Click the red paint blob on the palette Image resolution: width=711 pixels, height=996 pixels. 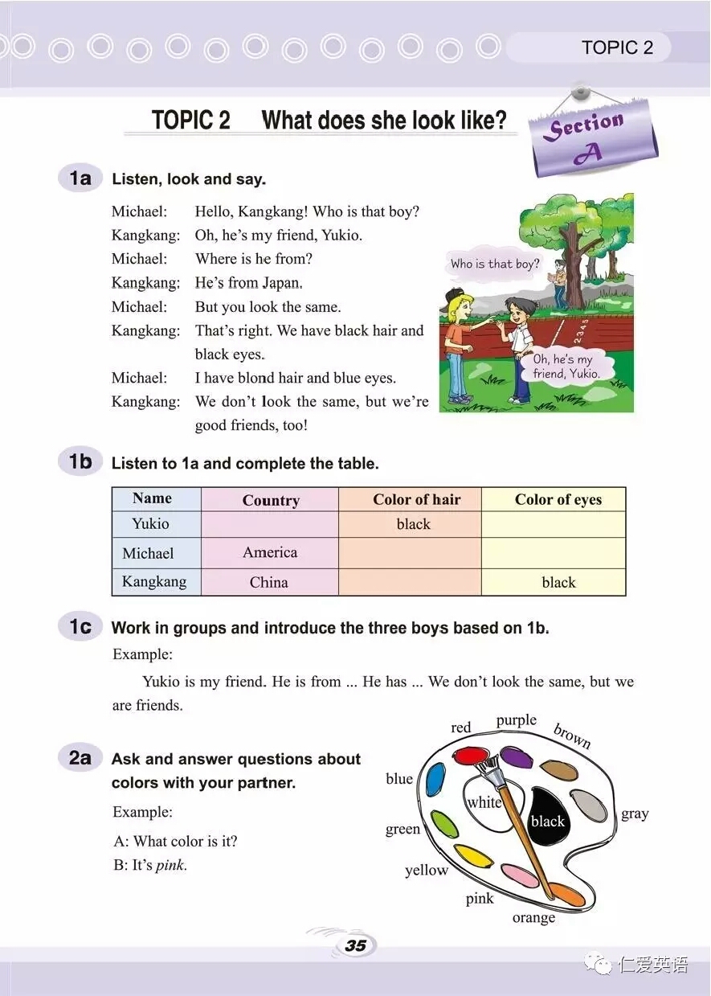[x=471, y=756]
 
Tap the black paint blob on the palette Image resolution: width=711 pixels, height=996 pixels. [x=549, y=816]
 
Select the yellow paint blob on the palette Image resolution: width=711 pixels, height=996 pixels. [x=473, y=856]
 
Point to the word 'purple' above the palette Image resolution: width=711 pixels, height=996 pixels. [x=516, y=720]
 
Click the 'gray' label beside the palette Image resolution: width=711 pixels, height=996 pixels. [x=635, y=814]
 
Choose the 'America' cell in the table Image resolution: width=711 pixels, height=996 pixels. [x=270, y=552]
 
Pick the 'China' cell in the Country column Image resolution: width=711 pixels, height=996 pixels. [x=269, y=582]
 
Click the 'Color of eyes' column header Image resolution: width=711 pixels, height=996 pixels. [x=558, y=499]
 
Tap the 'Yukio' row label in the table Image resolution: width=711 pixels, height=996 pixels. [x=151, y=523]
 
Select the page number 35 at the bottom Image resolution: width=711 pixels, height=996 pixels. [x=355, y=945]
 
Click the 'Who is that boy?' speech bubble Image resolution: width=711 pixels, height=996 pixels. [x=495, y=264]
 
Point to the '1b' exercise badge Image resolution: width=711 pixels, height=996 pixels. [x=80, y=462]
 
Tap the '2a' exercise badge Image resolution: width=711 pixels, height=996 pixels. [x=80, y=758]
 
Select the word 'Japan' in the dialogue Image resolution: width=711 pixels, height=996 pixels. [x=280, y=283]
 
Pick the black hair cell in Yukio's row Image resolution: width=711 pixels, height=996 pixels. [x=413, y=524]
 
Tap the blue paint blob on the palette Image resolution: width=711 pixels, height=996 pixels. [x=435, y=779]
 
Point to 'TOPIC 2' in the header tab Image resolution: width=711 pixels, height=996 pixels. [x=617, y=47]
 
